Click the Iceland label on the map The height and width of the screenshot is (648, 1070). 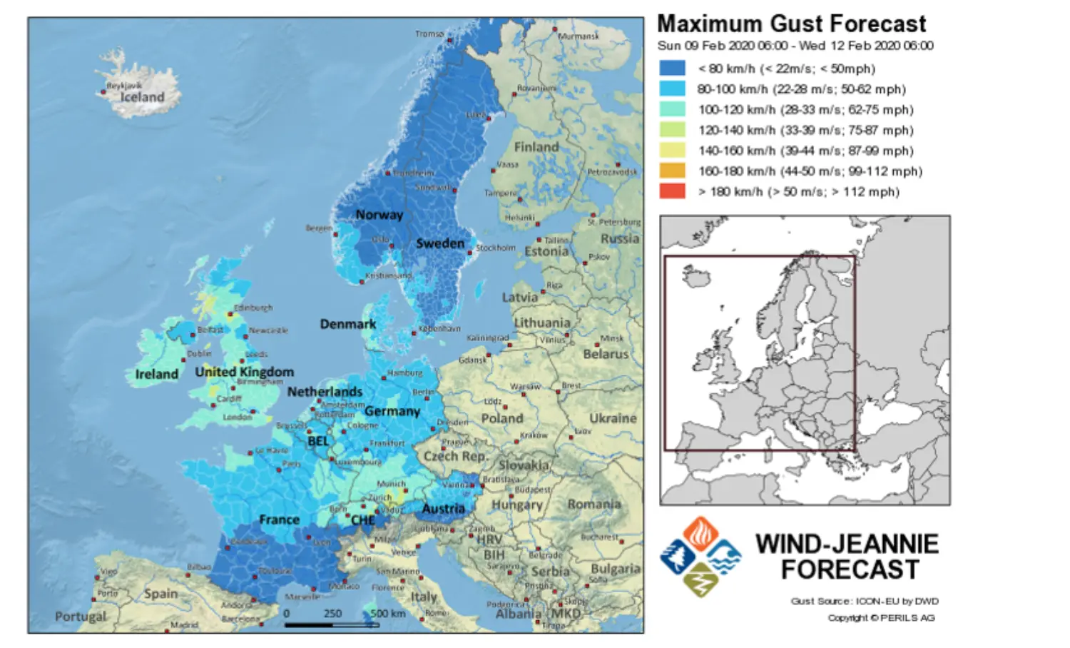[142, 97]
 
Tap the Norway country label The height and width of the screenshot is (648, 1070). [379, 215]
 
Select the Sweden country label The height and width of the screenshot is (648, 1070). [440, 243]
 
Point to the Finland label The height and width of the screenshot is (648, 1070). [536, 147]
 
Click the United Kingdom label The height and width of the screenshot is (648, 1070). [244, 372]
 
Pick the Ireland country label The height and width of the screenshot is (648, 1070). [156, 374]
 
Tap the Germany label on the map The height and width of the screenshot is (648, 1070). [392, 411]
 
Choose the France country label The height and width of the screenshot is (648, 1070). [279, 520]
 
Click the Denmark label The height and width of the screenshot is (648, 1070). [347, 324]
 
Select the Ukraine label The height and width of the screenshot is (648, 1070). [613, 418]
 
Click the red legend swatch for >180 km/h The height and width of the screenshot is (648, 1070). [672, 191]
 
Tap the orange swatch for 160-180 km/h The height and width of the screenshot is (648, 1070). [672, 171]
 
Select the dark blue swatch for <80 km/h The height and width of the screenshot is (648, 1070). [672, 69]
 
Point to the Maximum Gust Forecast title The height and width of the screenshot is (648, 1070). [791, 24]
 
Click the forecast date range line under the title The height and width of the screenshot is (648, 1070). [795, 46]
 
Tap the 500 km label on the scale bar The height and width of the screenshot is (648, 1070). [387, 614]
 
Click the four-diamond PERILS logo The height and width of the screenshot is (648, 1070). [700, 557]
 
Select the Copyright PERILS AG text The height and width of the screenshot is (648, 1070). [881, 618]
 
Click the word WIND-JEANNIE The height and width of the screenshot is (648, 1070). [847, 544]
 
